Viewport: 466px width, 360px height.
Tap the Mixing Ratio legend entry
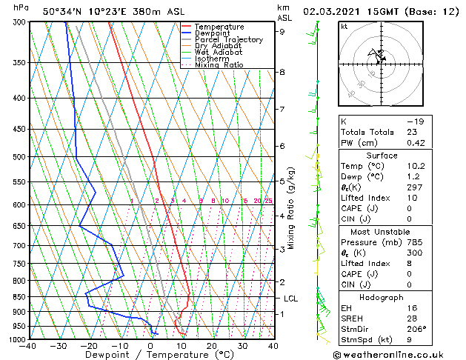[219, 65]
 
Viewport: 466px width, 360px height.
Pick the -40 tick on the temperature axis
[29, 345]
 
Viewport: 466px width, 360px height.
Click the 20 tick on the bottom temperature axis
[212, 345]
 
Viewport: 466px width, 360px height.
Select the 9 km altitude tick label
[282, 32]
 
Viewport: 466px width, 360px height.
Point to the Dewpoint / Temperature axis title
[150, 355]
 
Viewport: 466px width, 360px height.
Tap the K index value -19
[415, 121]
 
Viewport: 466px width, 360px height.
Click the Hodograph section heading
[382, 297]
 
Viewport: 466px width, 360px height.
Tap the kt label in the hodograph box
[344, 27]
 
